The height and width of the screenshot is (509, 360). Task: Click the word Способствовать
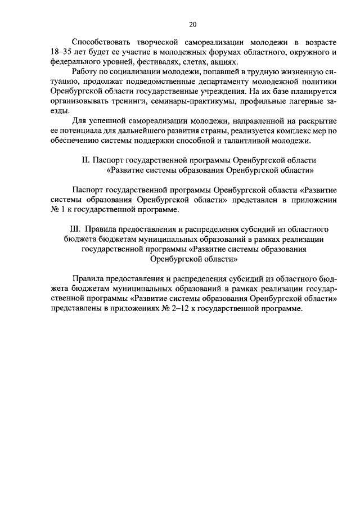(101, 42)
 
